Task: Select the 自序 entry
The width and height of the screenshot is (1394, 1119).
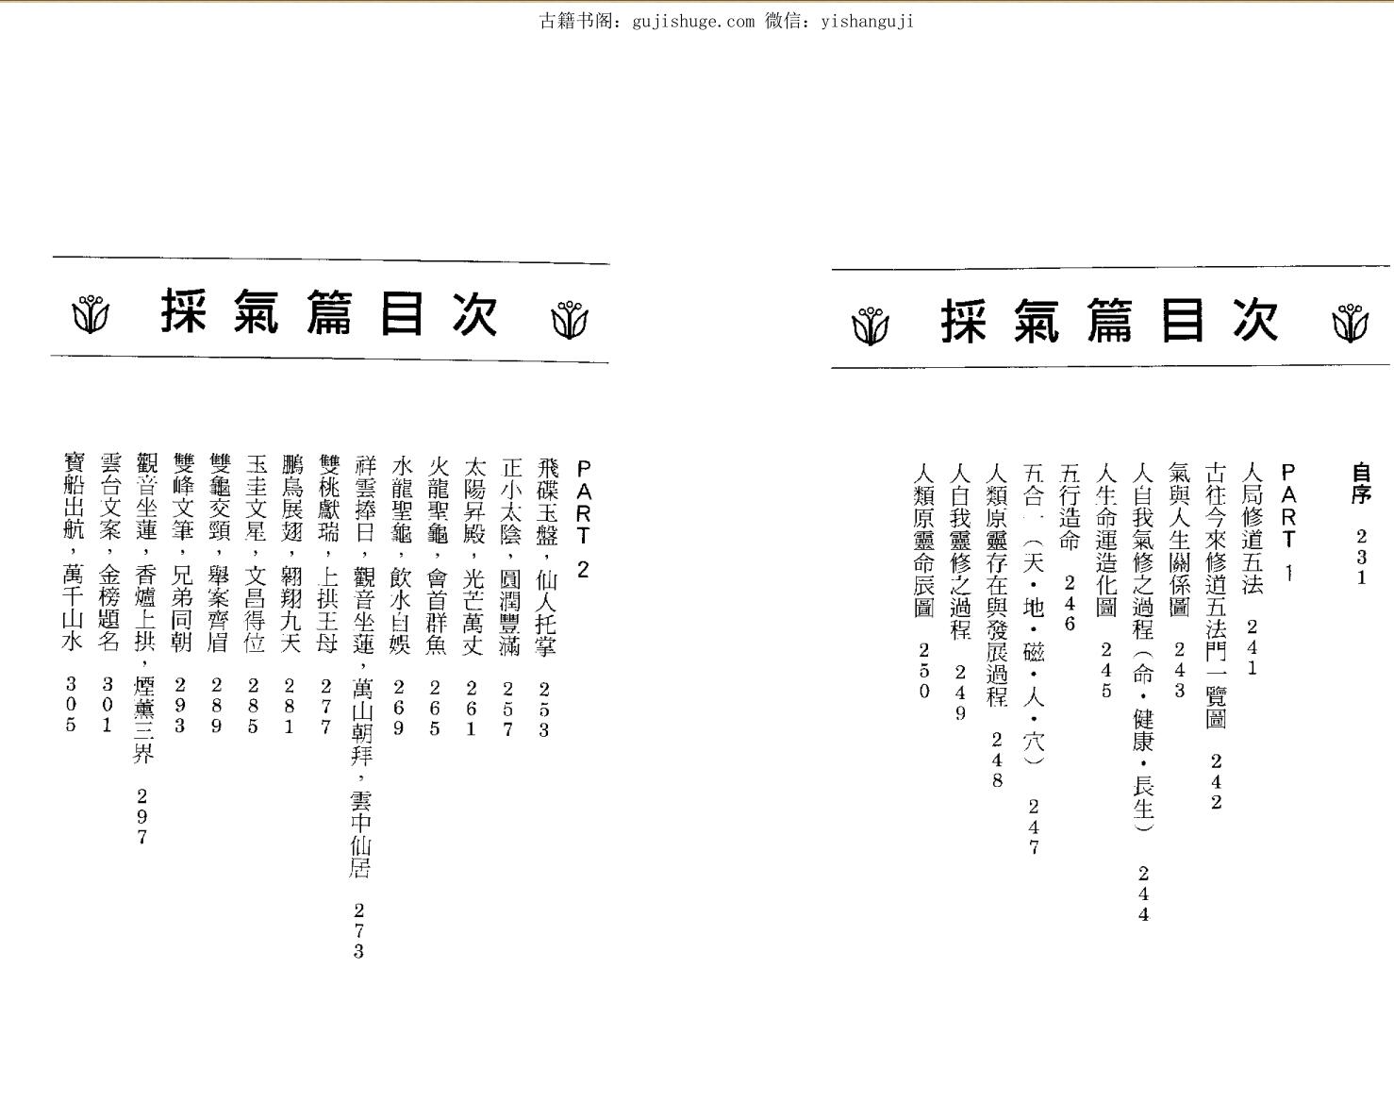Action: [x=1361, y=482]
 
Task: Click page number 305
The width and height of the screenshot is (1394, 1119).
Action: [x=71, y=704]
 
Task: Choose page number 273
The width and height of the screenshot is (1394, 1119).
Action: [x=358, y=930]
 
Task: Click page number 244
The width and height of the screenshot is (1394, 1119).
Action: [x=1143, y=894]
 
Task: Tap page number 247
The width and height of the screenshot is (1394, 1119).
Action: [x=1034, y=827]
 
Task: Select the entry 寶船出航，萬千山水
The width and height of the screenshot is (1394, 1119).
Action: [x=72, y=552]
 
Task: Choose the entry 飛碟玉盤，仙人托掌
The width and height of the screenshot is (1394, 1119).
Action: [x=545, y=557]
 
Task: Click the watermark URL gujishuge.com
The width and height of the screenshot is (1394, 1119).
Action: [x=689, y=21]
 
